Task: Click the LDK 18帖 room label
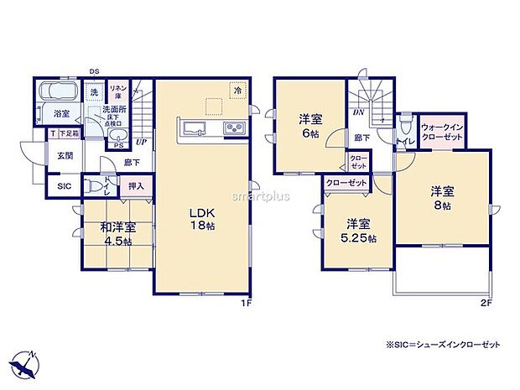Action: coord(202,218)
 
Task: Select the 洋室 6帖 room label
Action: coord(308,125)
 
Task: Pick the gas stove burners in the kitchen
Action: coord(231,127)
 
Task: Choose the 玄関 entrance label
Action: coord(65,155)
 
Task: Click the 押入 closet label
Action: coord(136,187)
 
